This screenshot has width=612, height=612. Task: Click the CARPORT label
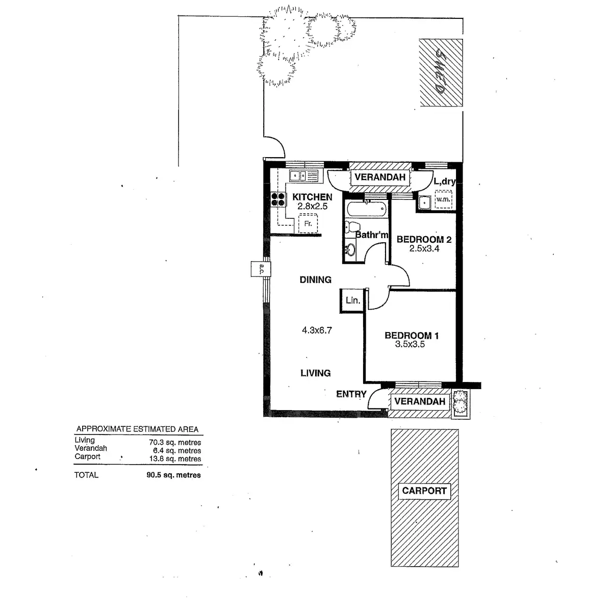(424, 491)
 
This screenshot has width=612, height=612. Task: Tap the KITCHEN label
(312, 197)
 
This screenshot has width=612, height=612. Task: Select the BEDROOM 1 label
(411, 335)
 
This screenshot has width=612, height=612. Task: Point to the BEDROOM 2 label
(424, 239)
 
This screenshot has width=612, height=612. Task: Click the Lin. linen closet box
(352, 300)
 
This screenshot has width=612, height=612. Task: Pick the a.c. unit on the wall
(260, 269)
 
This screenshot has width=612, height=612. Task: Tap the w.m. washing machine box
(443, 199)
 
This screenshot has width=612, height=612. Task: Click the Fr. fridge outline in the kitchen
(308, 223)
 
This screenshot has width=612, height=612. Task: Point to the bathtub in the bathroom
(366, 209)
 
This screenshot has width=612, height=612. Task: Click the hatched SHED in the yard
(442, 72)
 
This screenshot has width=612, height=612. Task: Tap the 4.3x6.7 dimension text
(317, 330)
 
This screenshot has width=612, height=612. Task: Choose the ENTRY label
(351, 394)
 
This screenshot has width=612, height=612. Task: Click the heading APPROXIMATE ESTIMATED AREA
(137, 429)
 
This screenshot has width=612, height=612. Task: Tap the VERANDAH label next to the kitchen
(380, 177)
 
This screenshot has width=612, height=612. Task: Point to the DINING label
(315, 279)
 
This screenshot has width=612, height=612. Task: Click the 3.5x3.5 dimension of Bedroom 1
(410, 344)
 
